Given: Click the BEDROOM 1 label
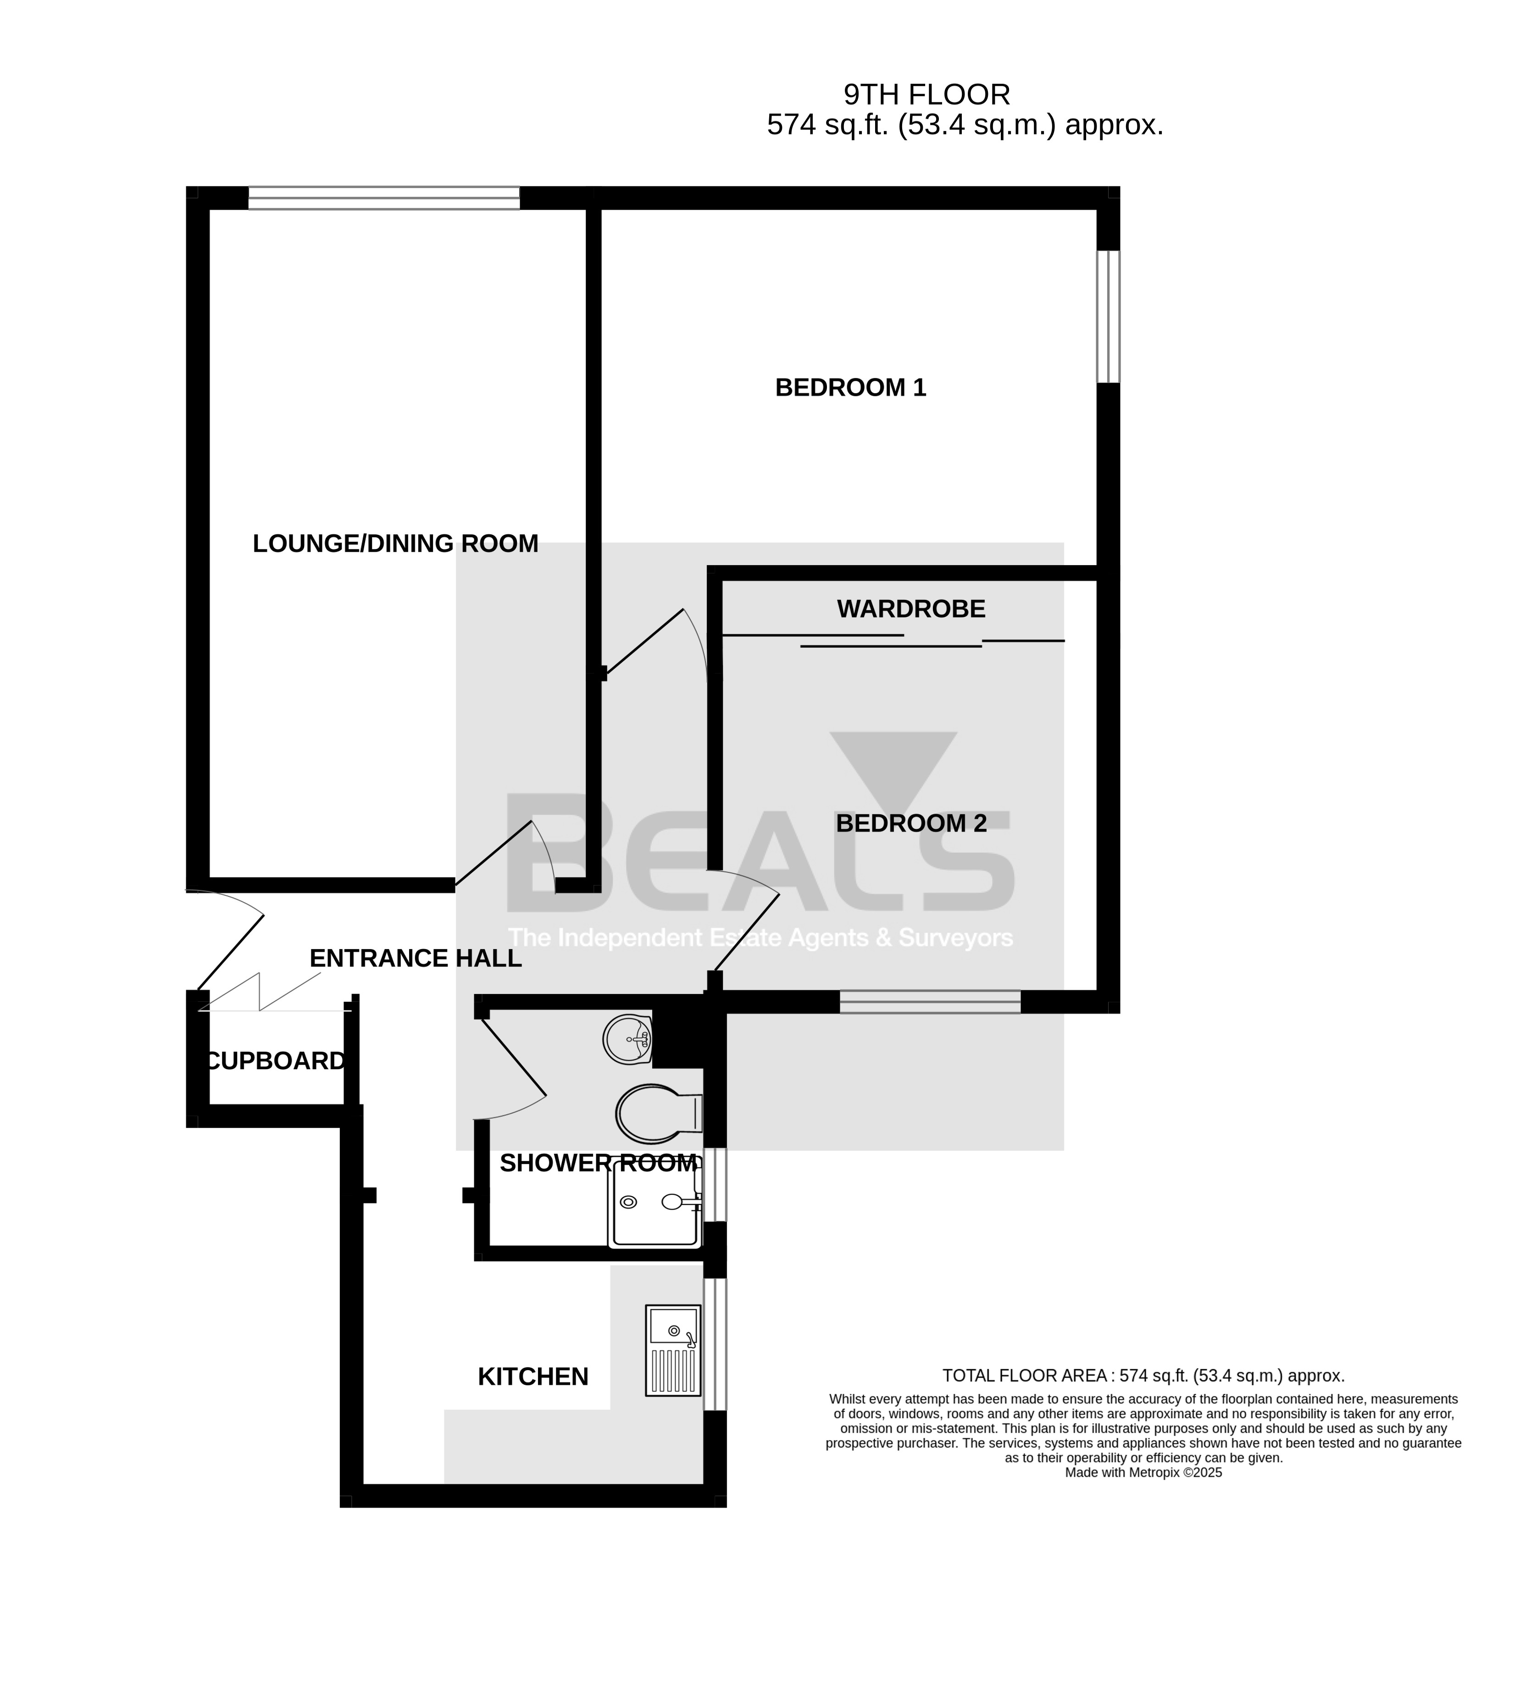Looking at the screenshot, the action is pos(850,388).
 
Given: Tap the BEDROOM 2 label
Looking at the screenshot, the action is pos(911,823).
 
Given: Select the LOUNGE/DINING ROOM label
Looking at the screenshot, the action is pos(395,544).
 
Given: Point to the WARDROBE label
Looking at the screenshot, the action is pos(911,609).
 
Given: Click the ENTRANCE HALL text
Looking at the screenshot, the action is pos(415,958).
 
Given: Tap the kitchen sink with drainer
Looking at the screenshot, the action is pos(673,1350).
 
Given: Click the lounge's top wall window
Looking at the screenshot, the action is pos(384,198).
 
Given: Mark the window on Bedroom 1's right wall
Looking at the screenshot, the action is pos(1108,316).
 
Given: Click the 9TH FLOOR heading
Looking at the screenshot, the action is pos(927,94).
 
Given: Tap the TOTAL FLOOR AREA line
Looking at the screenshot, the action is pos(1143,1376).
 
